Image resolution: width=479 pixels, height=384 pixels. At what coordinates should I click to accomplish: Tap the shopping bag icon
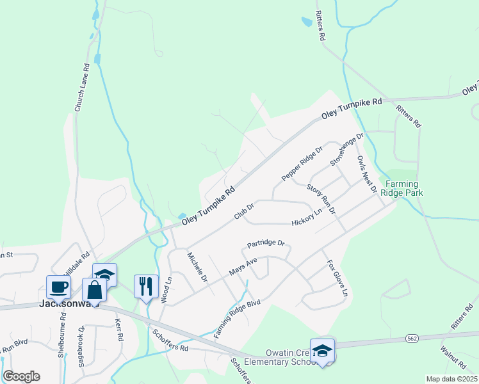pos(94,289)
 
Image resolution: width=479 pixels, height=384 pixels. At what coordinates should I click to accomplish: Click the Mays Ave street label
pos(243,267)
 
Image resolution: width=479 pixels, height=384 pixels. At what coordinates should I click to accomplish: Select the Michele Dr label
pos(197,268)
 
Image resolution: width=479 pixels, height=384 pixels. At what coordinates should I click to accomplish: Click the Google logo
pos(21,376)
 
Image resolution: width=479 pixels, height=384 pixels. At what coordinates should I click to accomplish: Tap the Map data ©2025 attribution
pos(451,379)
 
